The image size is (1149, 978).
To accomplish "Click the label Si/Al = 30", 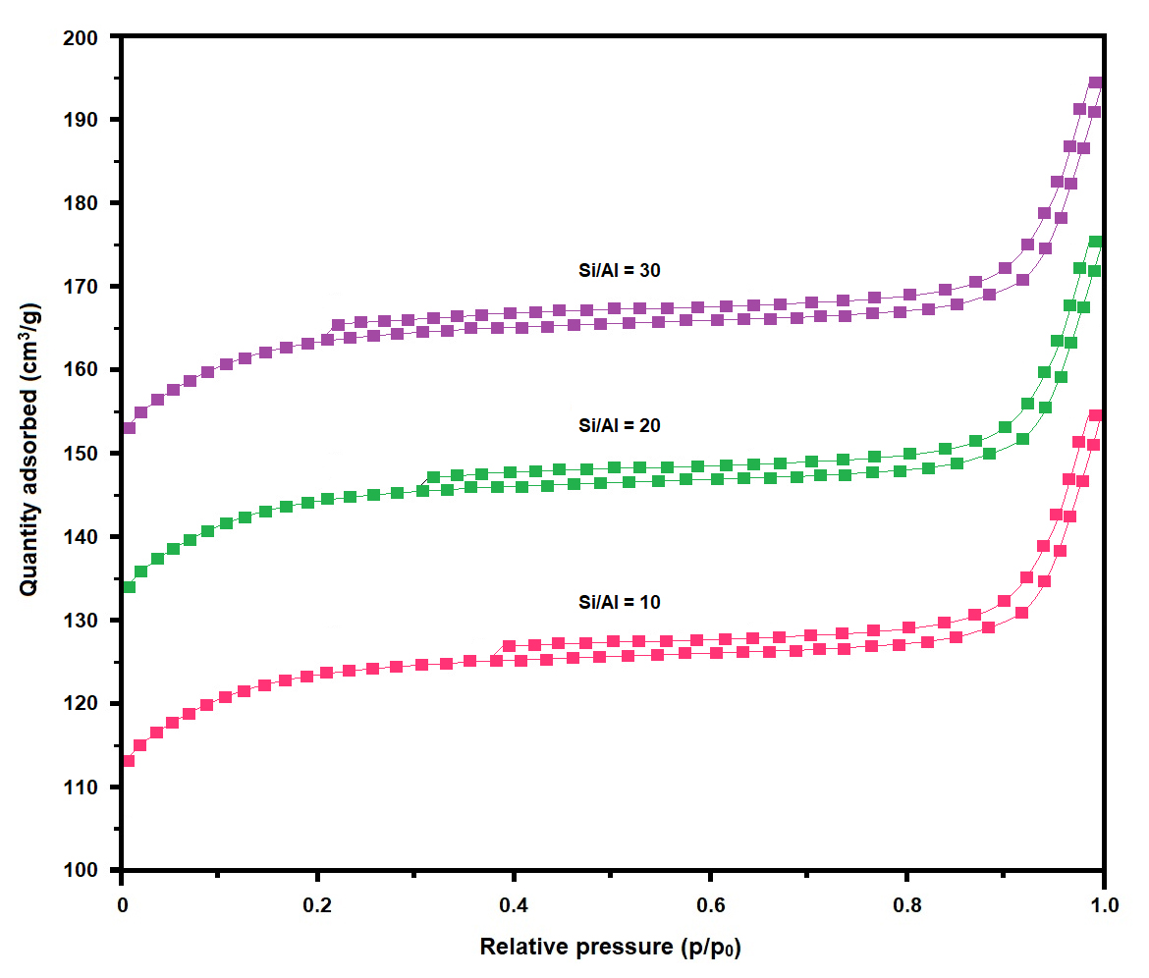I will (x=619, y=270).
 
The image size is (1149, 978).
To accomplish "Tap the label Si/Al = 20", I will (x=619, y=426).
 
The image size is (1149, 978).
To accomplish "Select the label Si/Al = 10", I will (x=619, y=602).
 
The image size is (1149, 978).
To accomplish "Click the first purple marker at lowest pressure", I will (x=128, y=428).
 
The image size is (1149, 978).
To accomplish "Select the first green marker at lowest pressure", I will (x=128, y=587).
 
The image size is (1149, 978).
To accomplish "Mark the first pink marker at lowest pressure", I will (x=128, y=761).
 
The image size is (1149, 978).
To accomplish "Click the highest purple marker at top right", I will (x=1095, y=83).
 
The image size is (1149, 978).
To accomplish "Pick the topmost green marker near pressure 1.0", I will (x=1095, y=242).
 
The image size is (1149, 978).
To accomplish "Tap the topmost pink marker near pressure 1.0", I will (x=1095, y=415).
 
